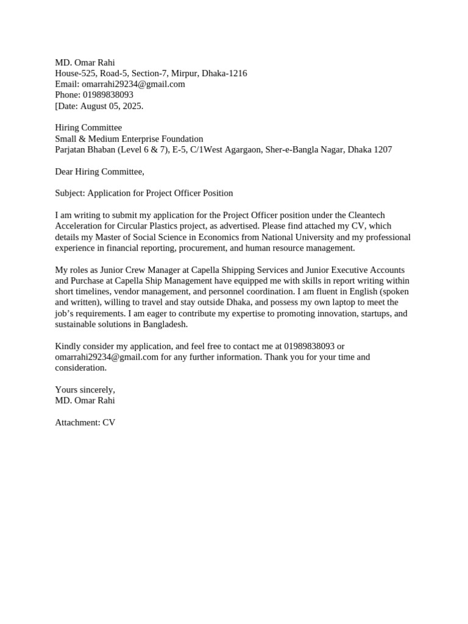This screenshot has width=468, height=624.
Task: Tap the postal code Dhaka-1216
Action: (224, 73)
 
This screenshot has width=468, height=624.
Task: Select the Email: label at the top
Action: (67, 84)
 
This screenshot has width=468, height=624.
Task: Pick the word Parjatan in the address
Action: (71, 150)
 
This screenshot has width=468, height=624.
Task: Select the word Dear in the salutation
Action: (65, 172)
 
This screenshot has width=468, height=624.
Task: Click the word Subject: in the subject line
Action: (70, 194)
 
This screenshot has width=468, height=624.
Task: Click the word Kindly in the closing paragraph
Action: (67, 346)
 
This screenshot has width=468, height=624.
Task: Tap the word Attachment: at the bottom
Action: (77, 422)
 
